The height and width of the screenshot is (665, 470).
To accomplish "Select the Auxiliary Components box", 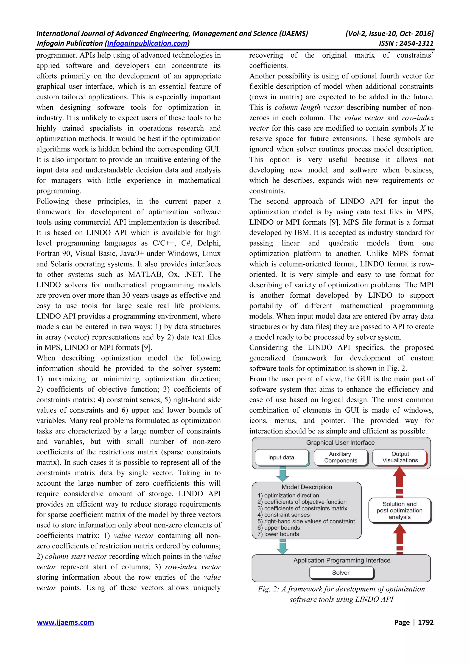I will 341,457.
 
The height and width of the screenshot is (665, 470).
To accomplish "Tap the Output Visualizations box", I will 400,457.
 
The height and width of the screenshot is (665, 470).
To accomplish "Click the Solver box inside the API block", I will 341,572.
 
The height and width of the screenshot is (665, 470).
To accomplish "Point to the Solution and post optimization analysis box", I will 399,510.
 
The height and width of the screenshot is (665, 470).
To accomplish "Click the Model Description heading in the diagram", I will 307,487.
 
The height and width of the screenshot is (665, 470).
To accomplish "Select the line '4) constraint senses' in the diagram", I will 283,515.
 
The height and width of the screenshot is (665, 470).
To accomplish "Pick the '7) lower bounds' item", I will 278,534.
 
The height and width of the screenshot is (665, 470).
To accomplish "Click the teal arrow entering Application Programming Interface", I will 282,547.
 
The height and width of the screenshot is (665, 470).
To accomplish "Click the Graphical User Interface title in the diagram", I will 340,443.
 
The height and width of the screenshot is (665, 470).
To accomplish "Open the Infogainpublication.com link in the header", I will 147,43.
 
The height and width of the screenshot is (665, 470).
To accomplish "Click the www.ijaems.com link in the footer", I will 65,622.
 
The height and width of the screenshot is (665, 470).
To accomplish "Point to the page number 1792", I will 425,622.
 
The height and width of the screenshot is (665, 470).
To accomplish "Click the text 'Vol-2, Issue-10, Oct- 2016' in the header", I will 389,34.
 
